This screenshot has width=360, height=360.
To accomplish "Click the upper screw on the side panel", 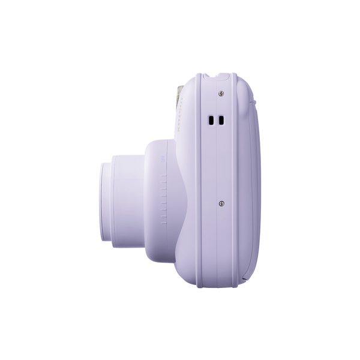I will [221, 93].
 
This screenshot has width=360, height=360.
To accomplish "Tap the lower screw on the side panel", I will [221, 203].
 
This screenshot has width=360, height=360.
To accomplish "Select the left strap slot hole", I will [211, 121].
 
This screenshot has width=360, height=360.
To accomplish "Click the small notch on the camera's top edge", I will [216, 76].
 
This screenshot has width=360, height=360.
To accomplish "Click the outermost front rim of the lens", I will [104, 200].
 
